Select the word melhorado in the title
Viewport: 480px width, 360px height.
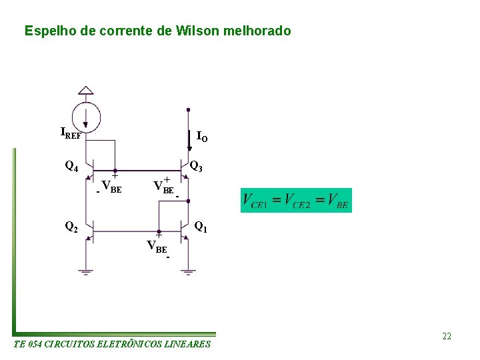point(259,31)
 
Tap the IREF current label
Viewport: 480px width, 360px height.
point(71,133)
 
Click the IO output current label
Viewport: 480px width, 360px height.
point(202,137)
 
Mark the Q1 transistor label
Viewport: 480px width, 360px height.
point(201,228)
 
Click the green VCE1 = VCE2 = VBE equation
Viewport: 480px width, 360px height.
point(296,200)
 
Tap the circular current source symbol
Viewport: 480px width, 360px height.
point(86,116)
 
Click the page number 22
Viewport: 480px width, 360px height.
point(447,336)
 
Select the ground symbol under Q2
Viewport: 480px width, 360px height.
point(86,272)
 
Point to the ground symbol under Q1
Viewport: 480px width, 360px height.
point(189,272)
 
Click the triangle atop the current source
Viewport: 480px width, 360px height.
point(86,91)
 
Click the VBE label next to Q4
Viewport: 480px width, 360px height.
point(111,186)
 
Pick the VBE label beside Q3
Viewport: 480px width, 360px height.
point(163,187)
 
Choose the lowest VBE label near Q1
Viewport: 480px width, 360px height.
point(157,247)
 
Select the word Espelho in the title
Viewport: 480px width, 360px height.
point(45,31)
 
